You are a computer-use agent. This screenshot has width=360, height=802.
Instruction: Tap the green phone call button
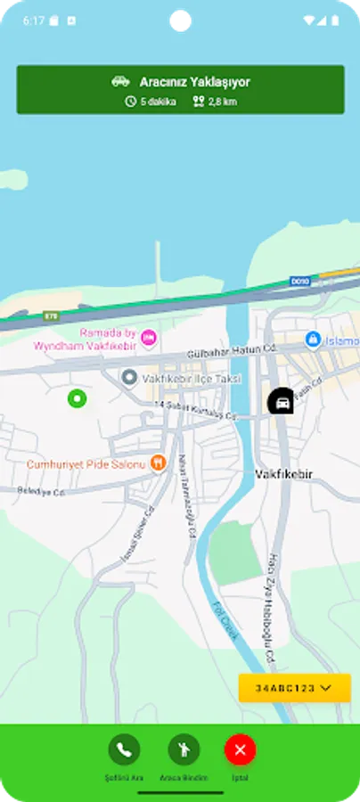tap(124, 750)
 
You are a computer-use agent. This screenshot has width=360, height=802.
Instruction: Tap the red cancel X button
tap(240, 750)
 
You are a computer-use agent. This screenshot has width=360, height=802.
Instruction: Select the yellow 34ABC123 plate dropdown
tap(294, 688)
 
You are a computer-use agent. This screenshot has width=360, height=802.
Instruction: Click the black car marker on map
tap(282, 402)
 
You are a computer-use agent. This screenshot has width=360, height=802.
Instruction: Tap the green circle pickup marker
tap(77, 398)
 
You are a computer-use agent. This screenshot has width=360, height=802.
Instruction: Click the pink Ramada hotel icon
tap(149, 337)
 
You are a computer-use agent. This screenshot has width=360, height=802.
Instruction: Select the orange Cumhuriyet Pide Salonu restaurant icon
tap(158, 462)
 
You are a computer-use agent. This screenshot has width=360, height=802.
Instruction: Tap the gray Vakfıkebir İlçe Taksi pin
tap(128, 378)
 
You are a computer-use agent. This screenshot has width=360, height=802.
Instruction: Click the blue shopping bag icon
tap(313, 340)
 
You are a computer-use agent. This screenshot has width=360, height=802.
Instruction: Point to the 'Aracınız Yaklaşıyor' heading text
tap(194, 82)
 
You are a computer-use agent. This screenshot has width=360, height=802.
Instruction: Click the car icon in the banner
tap(120, 82)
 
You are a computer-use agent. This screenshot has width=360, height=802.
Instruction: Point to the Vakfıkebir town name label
tap(282, 473)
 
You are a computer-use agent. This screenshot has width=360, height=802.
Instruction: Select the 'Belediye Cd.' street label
tap(42, 492)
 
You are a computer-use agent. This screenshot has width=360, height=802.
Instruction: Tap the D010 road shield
tap(299, 282)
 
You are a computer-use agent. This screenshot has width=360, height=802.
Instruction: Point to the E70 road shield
tap(51, 315)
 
